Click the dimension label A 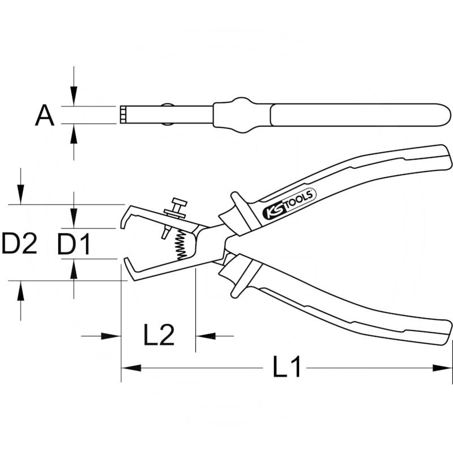point(45,116)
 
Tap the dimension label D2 point(19,244)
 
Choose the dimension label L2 point(158,336)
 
